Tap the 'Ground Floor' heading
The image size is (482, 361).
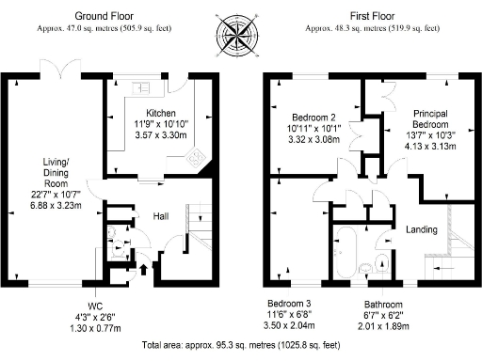pos(103,17)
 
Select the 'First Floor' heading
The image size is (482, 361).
pos(372,17)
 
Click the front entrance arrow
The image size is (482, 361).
pos(143,272)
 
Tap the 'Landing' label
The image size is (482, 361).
pos(421,230)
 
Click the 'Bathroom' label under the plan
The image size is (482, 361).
pos(384,305)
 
